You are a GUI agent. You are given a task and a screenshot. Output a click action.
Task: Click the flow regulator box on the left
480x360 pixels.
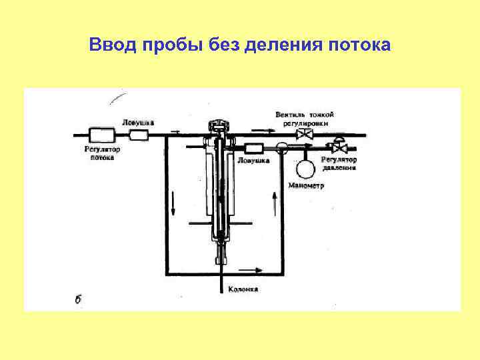tap(101, 134)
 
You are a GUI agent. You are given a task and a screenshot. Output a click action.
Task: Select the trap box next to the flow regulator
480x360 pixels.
tap(139, 135)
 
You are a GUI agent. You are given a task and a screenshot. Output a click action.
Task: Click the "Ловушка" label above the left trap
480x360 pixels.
tap(139, 123)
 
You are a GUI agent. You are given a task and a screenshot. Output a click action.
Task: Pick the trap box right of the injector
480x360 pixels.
tap(254, 148)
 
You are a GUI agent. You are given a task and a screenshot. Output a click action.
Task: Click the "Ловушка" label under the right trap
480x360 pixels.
tap(254, 161)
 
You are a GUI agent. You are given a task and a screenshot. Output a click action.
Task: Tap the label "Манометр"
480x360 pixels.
tap(306, 186)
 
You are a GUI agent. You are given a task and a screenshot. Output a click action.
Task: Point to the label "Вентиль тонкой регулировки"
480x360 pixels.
tap(304, 119)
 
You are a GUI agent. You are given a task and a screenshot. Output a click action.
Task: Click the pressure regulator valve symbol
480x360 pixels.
tap(339, 147)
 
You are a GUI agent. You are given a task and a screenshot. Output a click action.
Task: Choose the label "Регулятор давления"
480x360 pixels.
tap(339, 163)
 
